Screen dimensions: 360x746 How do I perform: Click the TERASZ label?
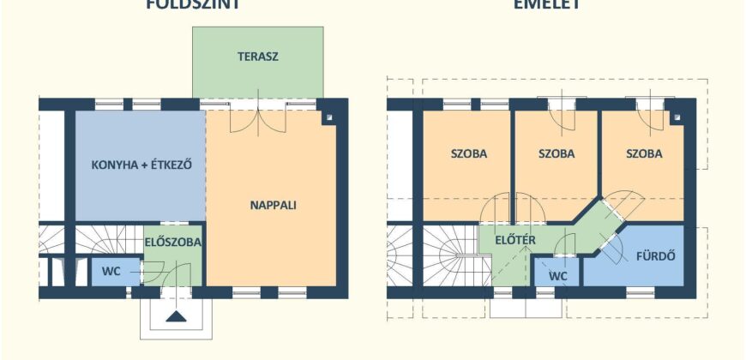click(258, 57)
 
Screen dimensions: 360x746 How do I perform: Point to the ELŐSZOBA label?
click(173, 243)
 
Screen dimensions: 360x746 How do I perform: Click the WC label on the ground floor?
click(111, 271)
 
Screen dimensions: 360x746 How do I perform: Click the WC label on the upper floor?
click(558, 276)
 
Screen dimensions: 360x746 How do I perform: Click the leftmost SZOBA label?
click(469, 155)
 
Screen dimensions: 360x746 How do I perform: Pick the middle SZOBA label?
click(556, 155)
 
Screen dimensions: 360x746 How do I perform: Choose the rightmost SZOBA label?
click(644, 155)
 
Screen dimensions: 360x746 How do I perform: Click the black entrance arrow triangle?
click(177, 316)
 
